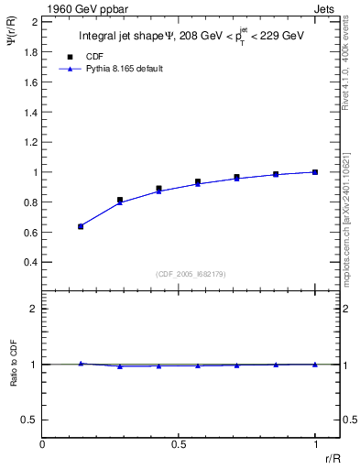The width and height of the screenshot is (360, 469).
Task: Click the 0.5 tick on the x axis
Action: tap(179, 444)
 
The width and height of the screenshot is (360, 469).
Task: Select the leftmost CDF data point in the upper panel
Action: tap(81, 226)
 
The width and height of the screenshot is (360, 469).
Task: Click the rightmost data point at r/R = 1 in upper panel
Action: tap(315, 171)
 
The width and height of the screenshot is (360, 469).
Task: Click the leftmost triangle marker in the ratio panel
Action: tap(81, 363)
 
